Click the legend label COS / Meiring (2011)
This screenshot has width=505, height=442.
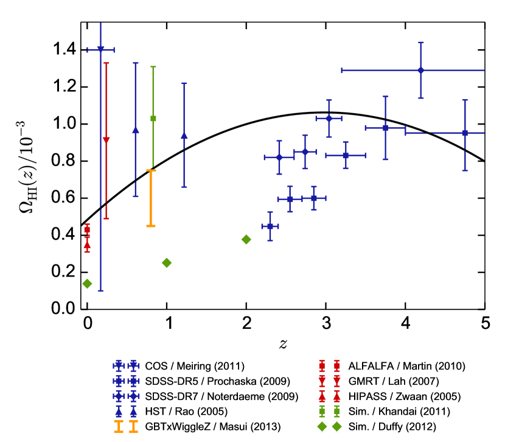194,366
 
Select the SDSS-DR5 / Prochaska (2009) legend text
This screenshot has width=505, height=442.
217,381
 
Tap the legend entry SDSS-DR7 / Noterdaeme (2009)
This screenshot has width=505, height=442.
221,396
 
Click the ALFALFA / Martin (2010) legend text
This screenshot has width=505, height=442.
406,366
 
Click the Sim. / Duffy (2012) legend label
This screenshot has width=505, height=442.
392,427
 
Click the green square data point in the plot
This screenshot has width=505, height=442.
153,119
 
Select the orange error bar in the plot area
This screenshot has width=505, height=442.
151,198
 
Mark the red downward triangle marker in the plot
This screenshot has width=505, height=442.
106,140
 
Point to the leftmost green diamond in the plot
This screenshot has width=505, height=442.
87,283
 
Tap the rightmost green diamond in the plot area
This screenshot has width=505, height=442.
246,240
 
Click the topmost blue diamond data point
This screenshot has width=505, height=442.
420,71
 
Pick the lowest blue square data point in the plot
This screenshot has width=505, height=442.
270,226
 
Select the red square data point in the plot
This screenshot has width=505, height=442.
87,230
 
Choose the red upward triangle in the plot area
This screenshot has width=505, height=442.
87,244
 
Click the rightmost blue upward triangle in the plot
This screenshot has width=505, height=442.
184,136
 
